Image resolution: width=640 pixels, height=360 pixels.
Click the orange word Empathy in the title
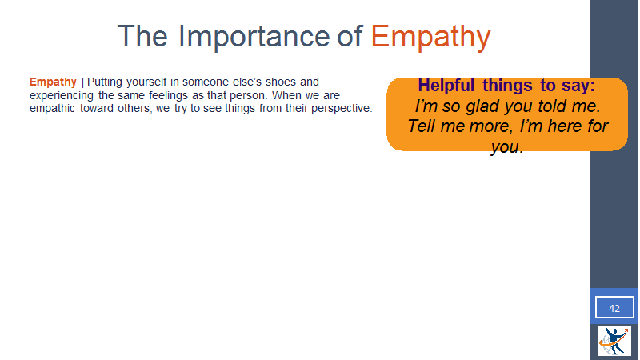(430, 37)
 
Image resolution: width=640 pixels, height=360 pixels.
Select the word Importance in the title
(254, 37)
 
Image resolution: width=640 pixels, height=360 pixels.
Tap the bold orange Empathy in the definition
(53, 82)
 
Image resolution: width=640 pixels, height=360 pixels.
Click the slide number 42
(614, 308)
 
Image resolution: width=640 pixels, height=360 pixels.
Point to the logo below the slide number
(614, 341)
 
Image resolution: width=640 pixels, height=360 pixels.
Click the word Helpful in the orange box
(446, 86)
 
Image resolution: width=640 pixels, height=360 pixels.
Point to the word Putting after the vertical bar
(105, 82)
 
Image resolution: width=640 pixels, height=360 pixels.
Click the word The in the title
(142, 36)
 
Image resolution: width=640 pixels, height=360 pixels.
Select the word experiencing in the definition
(62, 95)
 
